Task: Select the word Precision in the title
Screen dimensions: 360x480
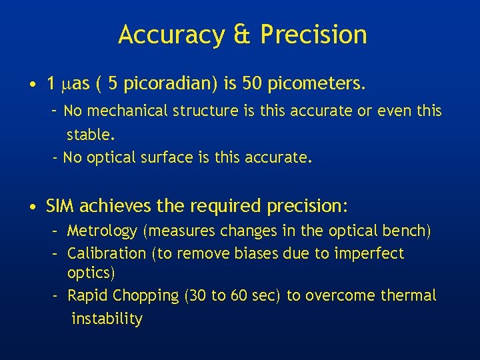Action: pyautogui.click(x=314, y=35)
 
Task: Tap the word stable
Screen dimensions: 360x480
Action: pyautogui.click(x=91, y=135)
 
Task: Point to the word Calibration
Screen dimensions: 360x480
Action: pyautogui.click(x=107, y=253)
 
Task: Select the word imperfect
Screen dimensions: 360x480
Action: pyautogui.click(x=371, y=253)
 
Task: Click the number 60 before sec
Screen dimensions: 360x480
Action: pyautogui.click(x=239, y=295)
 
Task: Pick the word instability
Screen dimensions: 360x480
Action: pyautogui.click(x=107, y=319)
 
